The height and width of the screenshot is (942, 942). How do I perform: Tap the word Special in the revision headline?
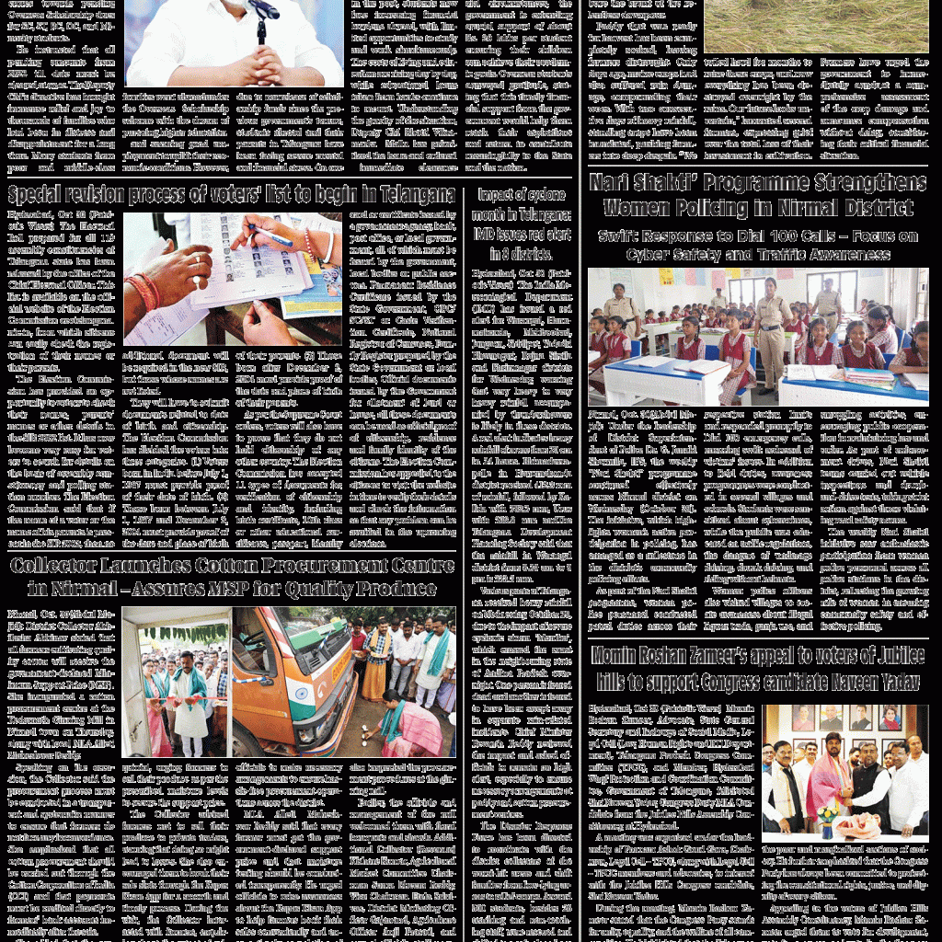(x=37, y=195)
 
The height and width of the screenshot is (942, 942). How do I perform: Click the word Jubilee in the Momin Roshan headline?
(x=882, y=656)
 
